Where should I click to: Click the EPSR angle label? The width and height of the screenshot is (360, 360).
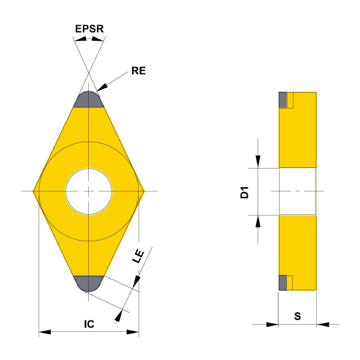click(89, 29)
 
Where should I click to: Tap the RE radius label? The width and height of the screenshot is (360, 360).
click(139, 71)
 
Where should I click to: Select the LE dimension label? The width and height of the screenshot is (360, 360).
click(138, 256)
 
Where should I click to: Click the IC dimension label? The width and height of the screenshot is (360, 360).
click(89, 324)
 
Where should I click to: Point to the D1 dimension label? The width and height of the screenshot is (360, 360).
click(244, 193)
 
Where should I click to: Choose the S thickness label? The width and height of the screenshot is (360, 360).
click(298, 316)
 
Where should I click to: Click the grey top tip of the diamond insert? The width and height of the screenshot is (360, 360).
click(89, 100)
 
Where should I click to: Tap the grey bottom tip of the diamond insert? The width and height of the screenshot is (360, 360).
click(89, 283)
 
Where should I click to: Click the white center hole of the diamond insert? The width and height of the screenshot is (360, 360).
click(89, 191)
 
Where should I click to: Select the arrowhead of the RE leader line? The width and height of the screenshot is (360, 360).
click(102, 88)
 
